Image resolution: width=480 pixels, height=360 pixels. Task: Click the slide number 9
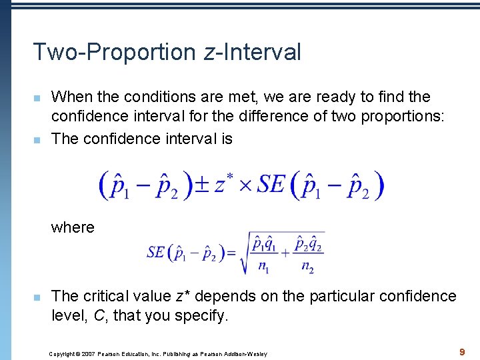coord(461,350)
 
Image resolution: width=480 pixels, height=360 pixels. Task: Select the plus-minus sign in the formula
coord(202,185)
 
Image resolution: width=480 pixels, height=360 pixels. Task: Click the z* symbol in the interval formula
coord(223,185)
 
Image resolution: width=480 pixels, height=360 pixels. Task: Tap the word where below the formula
coord(73,227)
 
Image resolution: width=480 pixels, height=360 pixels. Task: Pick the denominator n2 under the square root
coord(307,267)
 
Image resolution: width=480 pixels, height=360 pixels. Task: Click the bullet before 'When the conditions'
coord(38,98)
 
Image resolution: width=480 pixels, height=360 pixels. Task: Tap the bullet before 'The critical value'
coord(38,297)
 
